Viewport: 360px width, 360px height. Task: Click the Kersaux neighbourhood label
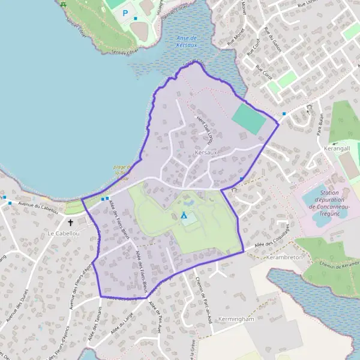(206, 153)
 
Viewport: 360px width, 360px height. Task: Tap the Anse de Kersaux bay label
(191, 41)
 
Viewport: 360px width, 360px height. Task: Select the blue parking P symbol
(125, 12)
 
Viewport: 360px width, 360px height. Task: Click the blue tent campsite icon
(184, 214)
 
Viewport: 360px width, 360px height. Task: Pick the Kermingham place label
(237, 319)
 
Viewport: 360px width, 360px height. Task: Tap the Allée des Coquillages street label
(268, 239)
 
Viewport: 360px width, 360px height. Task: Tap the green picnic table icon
(63, 4)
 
